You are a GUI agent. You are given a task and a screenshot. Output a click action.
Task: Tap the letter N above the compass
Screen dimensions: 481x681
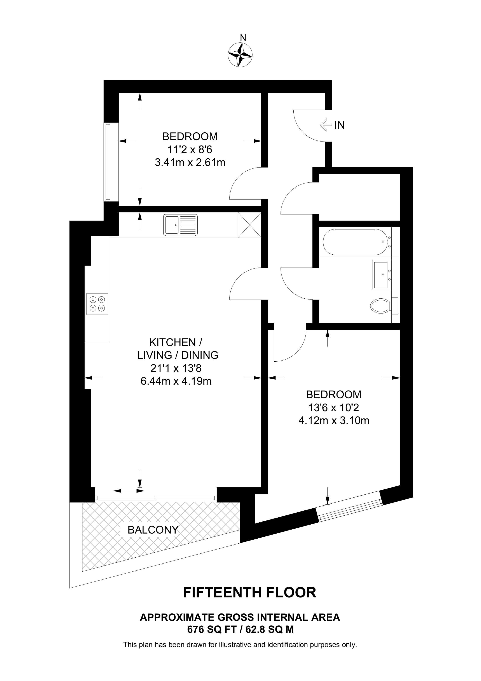pyautogui.click(x=243, y=38)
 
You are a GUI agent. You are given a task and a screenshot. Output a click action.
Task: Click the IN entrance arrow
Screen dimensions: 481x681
pyautogui.click(x=325, y=125)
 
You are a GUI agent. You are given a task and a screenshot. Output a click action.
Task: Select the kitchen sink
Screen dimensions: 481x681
pyautogui.click(x=180, y=225)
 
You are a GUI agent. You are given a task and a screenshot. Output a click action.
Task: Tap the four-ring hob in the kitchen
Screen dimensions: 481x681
pyautogui.click(x=97, y=304)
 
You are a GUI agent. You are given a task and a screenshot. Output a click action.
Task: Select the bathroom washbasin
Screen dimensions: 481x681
pyautogui.click(x=380, y=275)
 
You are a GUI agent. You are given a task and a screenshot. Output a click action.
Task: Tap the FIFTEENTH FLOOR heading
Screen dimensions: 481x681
pyautogui.click(x=250, y=592)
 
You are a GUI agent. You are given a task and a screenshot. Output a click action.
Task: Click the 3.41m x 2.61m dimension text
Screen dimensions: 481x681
pyautogui.click(x=190, y=163)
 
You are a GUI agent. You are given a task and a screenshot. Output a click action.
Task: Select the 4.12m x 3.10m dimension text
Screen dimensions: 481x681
pyautogui.click(x=334, y=421)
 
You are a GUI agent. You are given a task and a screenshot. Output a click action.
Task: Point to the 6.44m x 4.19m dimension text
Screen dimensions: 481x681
pyautogui.click(x=176, y=381)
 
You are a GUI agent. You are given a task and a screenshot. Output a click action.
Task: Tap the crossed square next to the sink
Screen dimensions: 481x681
pyautogui.click(x=249, y=225)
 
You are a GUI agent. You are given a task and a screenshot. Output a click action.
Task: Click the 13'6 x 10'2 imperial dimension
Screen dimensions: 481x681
pyautogui.click(x=334, y=408)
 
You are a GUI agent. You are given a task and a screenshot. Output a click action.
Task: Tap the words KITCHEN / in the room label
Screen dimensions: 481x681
pyautogui.click(x=176, y=342)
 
